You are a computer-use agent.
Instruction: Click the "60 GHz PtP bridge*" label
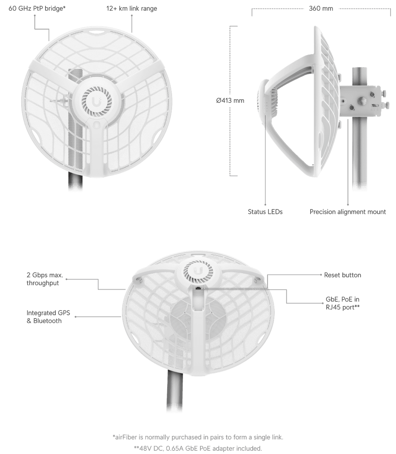coord(37,8)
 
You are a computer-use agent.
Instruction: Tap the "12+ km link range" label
coord(132,8)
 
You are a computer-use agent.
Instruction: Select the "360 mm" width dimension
coord(321,8)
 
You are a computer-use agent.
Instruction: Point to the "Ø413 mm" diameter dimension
coord(230,100)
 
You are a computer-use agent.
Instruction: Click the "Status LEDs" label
coord(265,212)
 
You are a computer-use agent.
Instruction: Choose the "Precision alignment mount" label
coord(348,212)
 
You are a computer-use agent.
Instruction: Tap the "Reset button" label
coord(342,275)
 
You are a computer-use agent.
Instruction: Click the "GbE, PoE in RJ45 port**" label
coord(342,304)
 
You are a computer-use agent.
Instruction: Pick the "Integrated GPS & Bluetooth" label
coord(48,317)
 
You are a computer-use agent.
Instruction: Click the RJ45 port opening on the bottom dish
coord(198,289)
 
